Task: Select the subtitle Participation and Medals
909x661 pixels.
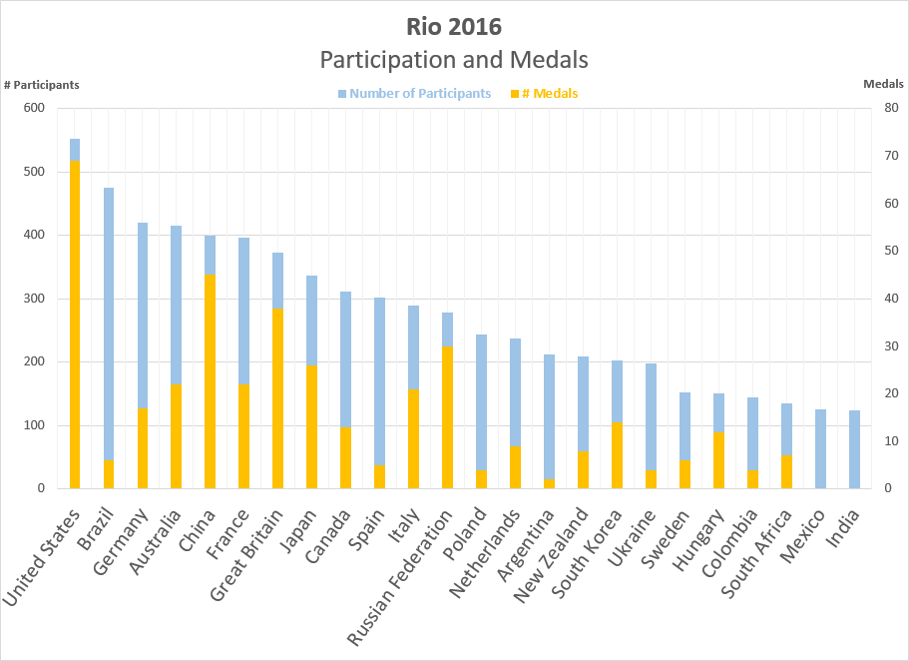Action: pyautogui.click(x=454, y=60)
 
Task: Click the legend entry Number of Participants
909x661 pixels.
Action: pyautogui.click(x=420, y=94)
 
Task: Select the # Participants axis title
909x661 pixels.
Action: pyautogui.click(x=41, y=85)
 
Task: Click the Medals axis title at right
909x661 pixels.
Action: pyautogui.click(x=883, y=85)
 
